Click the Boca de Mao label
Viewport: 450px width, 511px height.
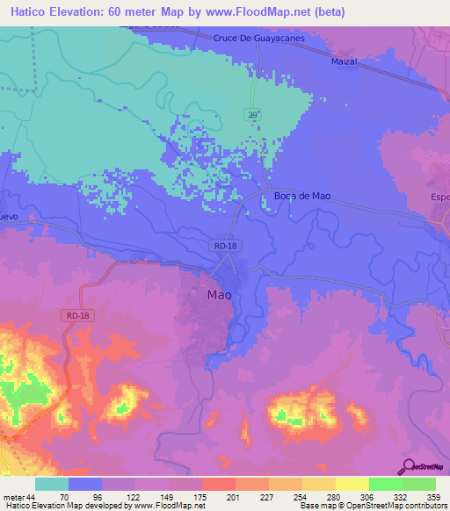302,197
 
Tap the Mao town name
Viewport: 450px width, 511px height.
219,296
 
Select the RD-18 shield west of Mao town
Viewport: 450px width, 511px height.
77,315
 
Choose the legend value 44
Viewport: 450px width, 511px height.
33,496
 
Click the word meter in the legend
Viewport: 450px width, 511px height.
12,496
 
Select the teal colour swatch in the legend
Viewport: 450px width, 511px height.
51,484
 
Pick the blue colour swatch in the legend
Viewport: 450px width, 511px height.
84,484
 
